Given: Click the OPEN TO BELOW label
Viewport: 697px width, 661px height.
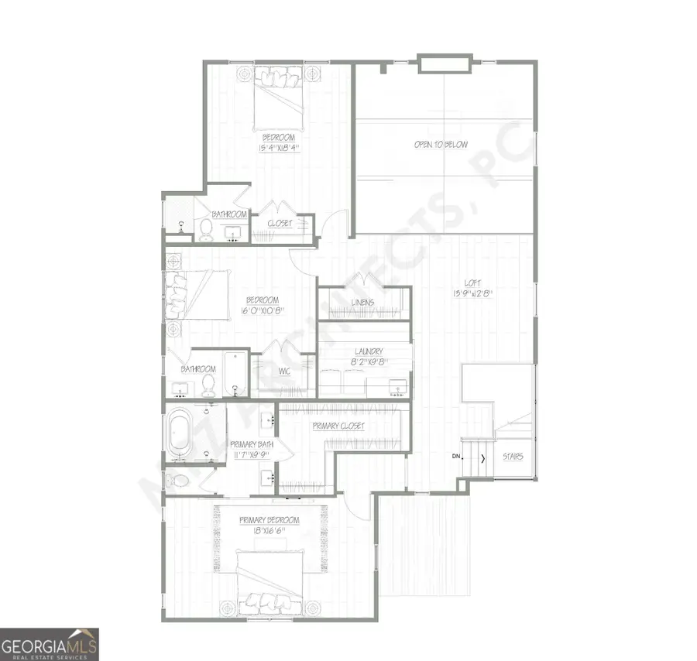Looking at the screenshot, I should (x=441, y=145).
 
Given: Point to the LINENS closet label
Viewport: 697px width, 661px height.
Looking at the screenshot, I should (x=362, y=302).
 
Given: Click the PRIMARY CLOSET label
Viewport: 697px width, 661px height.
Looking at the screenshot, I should (x=338, y=426).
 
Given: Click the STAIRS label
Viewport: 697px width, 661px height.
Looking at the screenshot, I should (x=513, y=457).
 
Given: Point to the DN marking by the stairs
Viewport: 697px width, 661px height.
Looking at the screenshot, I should (x=457, y=457).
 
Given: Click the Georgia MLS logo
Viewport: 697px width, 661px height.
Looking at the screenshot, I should (x=50, y=644).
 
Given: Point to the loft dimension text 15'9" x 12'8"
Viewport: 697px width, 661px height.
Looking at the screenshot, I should (x=472, y=293).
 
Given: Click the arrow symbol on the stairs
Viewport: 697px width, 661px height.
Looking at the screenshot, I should (x=483, y=458).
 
